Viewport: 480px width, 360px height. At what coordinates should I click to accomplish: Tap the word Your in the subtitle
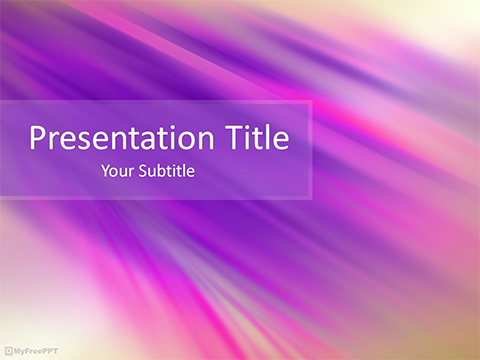click(x=117, y=171)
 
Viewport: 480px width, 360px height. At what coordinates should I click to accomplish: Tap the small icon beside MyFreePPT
click(x=9, y=351)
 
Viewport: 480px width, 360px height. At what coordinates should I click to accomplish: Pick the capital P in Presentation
click(x=37, y=137)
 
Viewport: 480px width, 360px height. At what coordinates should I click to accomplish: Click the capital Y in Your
click(x=106, y=171)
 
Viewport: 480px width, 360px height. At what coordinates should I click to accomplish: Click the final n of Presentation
click(x=192, y=139)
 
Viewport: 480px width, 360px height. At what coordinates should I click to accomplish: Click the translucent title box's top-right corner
click(x=311, y=101)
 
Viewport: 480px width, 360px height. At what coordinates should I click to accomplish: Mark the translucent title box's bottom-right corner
click(x=311, y=198)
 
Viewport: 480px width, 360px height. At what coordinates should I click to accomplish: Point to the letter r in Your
click(x=129, y=172)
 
